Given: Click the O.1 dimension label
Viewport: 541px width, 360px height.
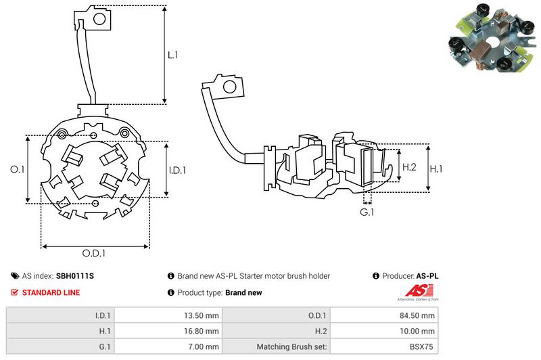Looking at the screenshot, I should coord(18,170).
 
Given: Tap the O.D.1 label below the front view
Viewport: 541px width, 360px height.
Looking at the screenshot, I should coord(95,254).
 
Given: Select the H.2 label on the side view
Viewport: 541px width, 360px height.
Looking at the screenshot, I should coord(409,167).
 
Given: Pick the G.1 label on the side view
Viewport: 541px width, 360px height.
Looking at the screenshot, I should coord(367,212).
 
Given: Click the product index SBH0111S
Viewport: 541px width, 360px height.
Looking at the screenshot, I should coord(74,276).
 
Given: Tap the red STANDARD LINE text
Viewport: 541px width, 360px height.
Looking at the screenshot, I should coord(51,292).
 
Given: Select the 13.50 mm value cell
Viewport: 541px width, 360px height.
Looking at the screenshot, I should coord(202,315).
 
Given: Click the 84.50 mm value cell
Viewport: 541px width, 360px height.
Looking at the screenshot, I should coord(419,315).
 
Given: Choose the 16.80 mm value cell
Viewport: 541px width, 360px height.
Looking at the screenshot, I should coord(202,331).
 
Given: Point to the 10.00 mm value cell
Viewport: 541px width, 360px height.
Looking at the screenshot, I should coord(419,331).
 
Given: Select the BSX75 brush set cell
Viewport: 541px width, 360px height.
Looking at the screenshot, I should coord(423,347).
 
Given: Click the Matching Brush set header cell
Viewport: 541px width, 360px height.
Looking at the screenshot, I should coord(291,347).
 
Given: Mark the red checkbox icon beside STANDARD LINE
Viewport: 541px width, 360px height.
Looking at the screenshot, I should coord(15,292).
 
